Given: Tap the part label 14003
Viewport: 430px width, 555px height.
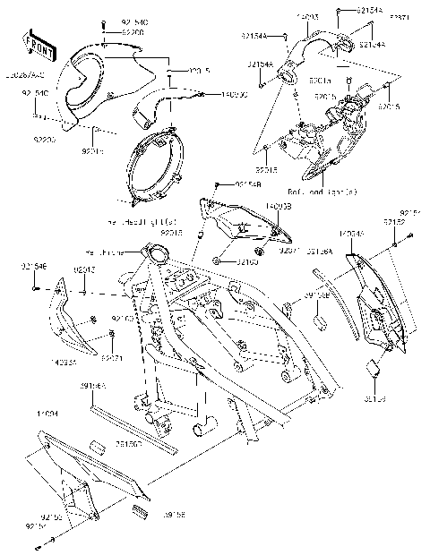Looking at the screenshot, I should coord(308,17).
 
